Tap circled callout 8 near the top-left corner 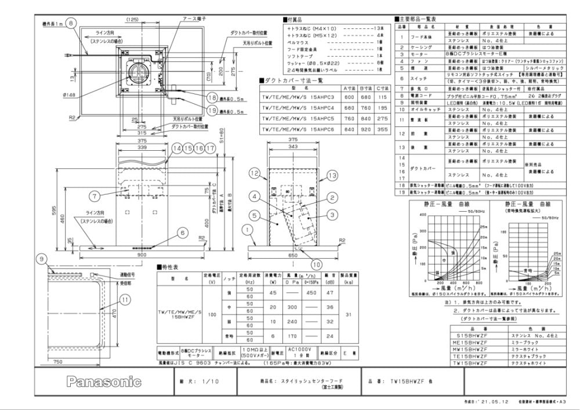point(70,23)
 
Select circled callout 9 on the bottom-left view point(42,259)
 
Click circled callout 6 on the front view point(183,233)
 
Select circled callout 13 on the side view point(332,175)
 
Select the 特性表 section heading point(170,268)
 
